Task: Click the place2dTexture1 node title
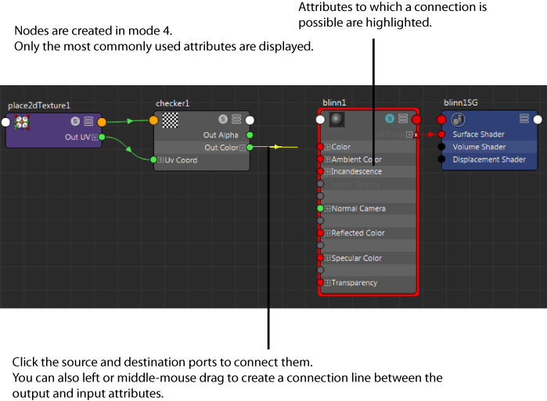click(x=39, y=105)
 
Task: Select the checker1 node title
click(x=172, y=103)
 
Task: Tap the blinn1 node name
click(x=334, y=102)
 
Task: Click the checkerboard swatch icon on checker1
click(x=170, y=120)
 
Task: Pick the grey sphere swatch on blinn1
click(x=336, y=119)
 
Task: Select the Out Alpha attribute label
click(x=221, y=135)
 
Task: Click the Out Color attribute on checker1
click(x=221, y=148)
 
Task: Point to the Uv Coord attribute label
click(x=181, y=160)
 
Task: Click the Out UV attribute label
click(x=77, y=137)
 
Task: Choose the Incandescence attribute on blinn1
click(x=356, y=171)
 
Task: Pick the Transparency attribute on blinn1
click(x=354, y=283)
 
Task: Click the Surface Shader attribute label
click(x=479, y=134)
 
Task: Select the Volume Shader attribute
click(x=479, y=147)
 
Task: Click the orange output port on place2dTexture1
click(x=102, y=121)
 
